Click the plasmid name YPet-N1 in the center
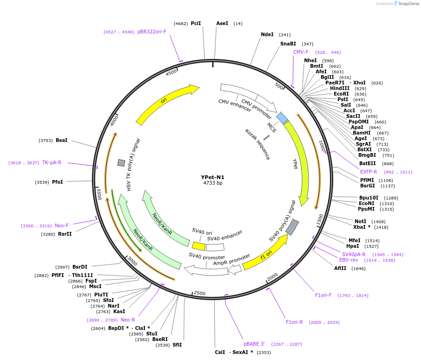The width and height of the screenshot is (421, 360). [213, 177]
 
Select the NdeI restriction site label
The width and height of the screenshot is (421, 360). [267, 34]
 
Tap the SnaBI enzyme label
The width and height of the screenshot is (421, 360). [288, 44]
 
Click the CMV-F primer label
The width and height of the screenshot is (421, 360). [301, 52]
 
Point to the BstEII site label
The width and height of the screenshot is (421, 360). [368, 163]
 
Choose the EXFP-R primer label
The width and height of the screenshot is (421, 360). [369, 172]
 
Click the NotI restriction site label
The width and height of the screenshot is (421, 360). [360, 221]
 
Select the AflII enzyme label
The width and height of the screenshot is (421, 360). [340, 268]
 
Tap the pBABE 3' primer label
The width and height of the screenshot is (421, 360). [254, 344]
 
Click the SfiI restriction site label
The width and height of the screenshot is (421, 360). [177, 345]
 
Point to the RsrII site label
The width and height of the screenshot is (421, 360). [65, 234]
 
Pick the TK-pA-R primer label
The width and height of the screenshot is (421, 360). [52, 162]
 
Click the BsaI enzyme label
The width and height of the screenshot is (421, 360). [62, 140]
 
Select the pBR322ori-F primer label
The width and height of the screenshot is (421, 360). [152, 32]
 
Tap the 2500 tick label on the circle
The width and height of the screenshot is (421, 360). [200, 293]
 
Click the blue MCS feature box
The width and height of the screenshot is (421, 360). [282, 118]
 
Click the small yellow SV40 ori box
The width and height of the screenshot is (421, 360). [199, 246]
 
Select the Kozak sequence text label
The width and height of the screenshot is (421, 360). [258, 144]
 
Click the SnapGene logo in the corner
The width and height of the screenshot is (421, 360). [407, 4]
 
